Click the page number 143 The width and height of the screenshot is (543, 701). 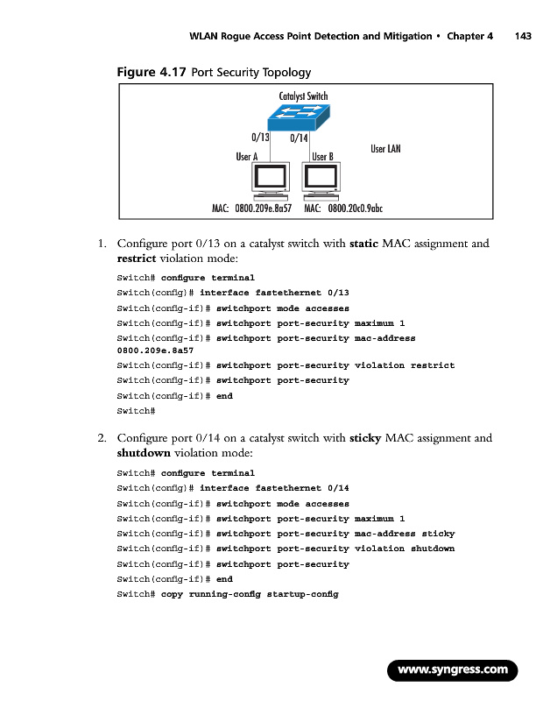tap(524, 36)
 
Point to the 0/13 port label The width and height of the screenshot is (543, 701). tap(260, 138)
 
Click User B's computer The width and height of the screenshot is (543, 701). tap(321, 181)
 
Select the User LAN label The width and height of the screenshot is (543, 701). tap(385, 149)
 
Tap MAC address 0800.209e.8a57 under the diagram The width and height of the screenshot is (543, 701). tap(263, 209)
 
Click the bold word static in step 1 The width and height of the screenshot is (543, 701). tap(363, 243)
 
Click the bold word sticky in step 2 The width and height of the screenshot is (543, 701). tap(364, 437)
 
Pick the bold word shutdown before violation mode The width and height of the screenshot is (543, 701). tap(144, 454)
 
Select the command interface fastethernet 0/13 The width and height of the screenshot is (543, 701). tap(274, 293)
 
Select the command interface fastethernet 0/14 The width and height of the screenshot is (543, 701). tap(274, 487)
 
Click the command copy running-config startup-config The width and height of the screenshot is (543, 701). tap(249, 595)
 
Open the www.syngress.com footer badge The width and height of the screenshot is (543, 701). tap(453, 670)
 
